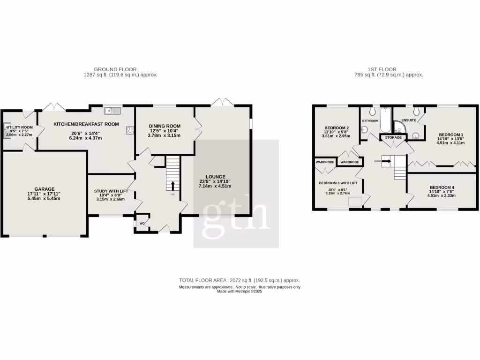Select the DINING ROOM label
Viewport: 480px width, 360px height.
point(165,126)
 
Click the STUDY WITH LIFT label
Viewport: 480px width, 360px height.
point(111,191)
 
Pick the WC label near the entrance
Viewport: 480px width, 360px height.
point(142,224)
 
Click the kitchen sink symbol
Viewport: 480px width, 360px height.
point(113,111)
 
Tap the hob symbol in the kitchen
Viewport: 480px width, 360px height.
point(129,131)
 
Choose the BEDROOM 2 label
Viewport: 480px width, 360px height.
point(337,128)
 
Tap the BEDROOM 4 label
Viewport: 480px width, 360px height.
point(442,187)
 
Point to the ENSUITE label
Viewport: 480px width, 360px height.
point(408,120)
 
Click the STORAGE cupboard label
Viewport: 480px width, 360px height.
point(393,138)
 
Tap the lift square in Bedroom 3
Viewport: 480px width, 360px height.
point(354,201)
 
